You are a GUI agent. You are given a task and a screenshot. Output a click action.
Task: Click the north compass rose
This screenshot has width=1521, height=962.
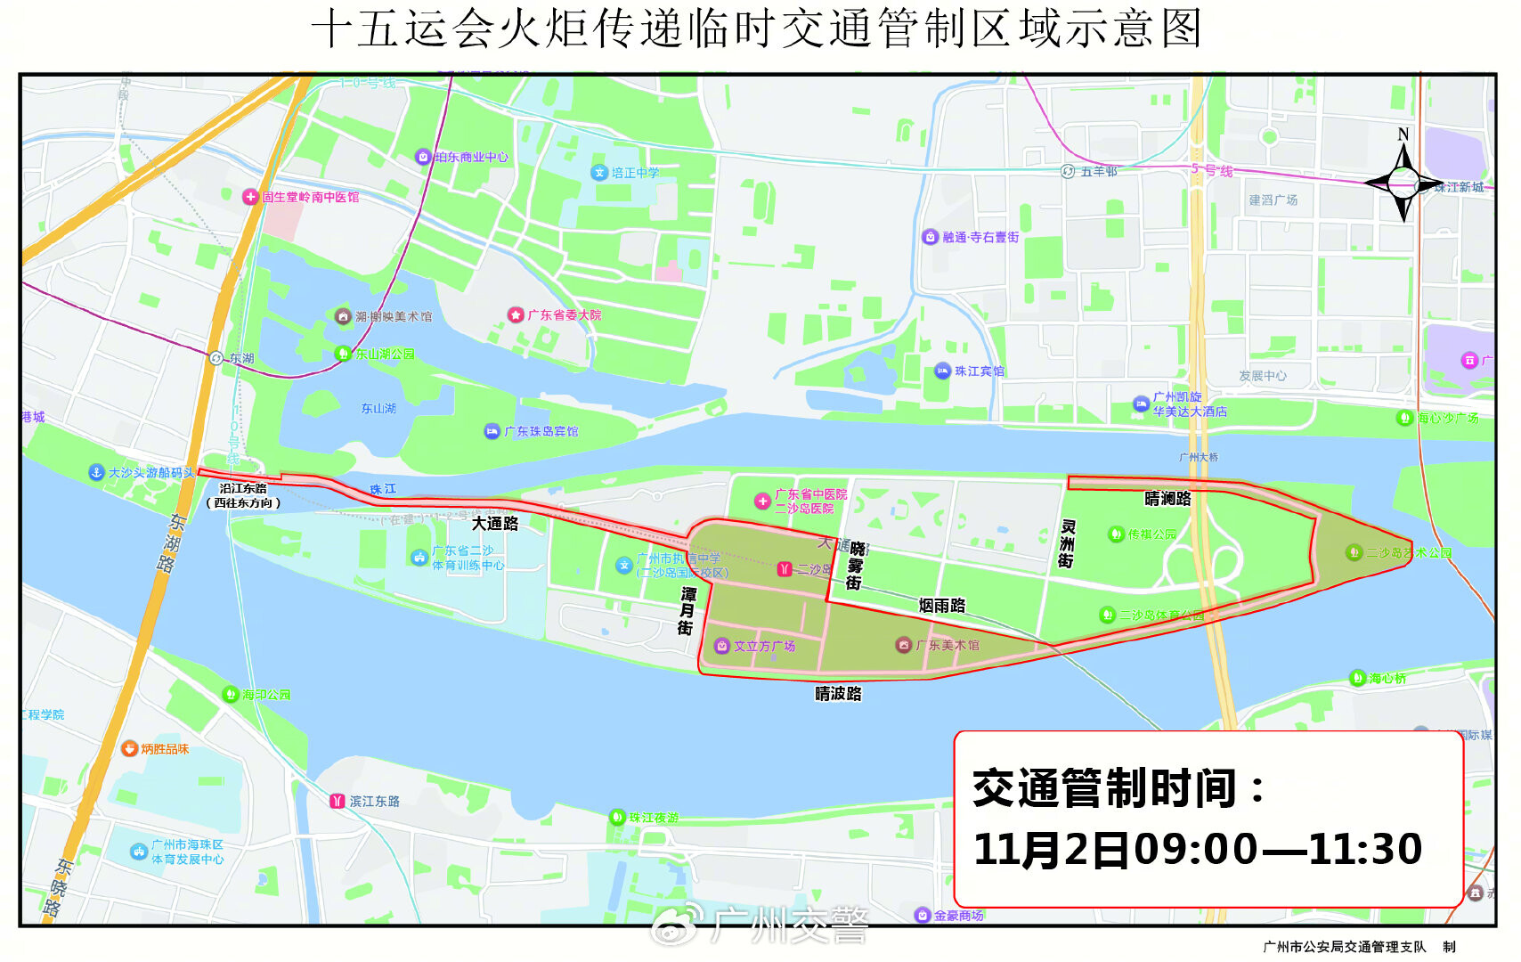1403,183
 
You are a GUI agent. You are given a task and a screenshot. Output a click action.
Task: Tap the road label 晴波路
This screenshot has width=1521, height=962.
838,693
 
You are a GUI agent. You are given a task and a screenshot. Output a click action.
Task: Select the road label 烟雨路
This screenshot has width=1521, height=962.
942,606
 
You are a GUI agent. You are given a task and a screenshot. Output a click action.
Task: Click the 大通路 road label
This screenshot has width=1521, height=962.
495,524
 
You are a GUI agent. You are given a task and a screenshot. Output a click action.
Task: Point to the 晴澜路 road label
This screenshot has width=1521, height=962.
1167,499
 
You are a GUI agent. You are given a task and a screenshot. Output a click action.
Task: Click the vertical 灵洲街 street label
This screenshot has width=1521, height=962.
1066,544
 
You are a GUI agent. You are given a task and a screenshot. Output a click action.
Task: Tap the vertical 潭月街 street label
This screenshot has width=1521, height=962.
687,610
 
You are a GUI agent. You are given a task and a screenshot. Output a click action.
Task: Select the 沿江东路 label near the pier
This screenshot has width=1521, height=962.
243,488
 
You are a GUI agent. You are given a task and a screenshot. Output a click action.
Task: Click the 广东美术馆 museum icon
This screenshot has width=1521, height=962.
904,645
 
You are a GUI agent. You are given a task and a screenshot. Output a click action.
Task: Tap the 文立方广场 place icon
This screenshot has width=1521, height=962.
722,646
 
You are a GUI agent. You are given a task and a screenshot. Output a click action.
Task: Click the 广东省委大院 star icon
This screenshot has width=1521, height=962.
516,314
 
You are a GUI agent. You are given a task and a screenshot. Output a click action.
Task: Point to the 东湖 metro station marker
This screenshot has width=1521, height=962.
216,358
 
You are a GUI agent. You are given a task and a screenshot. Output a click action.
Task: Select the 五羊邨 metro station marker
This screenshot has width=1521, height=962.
1068,171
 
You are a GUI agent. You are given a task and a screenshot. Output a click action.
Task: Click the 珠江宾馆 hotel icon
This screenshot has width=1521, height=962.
942,371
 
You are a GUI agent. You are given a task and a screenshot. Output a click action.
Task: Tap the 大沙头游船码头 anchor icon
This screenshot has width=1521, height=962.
97,472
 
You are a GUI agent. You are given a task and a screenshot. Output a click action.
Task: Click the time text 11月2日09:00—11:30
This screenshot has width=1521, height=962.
1198,849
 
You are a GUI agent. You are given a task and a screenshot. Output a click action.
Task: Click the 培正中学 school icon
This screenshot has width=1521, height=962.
599,173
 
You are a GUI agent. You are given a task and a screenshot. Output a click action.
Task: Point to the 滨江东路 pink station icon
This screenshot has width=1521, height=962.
337,801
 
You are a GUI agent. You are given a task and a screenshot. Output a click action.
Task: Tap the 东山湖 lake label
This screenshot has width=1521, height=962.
378,408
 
